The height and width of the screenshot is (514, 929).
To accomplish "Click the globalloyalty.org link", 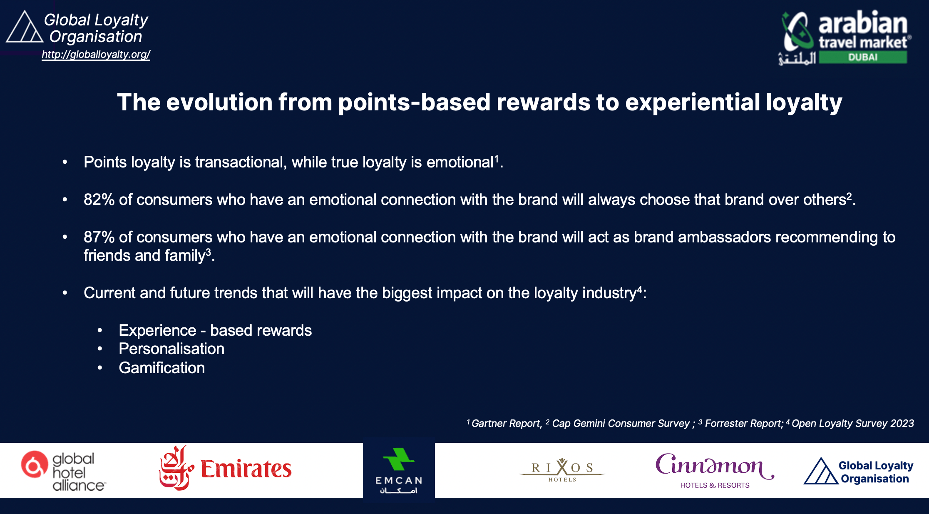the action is pyautogui.click(x=96, y=55).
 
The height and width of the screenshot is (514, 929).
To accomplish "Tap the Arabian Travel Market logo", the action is pyautogui.click(x=845, y=37).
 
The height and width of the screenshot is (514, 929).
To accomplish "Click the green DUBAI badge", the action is pyautogui.click(x=863, y=57).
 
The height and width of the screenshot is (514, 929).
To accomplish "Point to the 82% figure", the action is pyautogui.click(x=99, y=200).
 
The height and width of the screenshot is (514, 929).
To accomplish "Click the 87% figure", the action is pyautogui.click(x=99, y=237).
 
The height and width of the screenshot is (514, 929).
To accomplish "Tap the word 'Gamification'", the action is pyautogui.click(x=162, y=368).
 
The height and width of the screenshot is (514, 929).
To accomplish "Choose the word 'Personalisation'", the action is pyautogui.click(x=171, y=349).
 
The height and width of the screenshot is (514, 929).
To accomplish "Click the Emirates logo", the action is pyautogui.click(x=225, y=468).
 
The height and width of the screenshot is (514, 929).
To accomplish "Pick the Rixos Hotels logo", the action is pyautogui.click(x=562, y=470).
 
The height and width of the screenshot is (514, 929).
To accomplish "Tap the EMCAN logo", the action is pyautogui.click(x=399, y=471).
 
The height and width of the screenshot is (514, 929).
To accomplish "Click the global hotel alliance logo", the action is pyautogui.click(x=64, y=471).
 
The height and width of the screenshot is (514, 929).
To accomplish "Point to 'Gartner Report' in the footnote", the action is pyautogui.click(x=506, y=424).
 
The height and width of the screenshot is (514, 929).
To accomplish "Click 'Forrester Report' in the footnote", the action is pyautogui.click(x=744, y=424).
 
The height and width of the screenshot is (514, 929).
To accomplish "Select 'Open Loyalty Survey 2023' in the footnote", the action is pyautogui.click(x=853, y=424).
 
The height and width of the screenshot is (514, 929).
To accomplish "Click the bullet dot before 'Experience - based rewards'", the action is pyautogui.click(x=100, y=331).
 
